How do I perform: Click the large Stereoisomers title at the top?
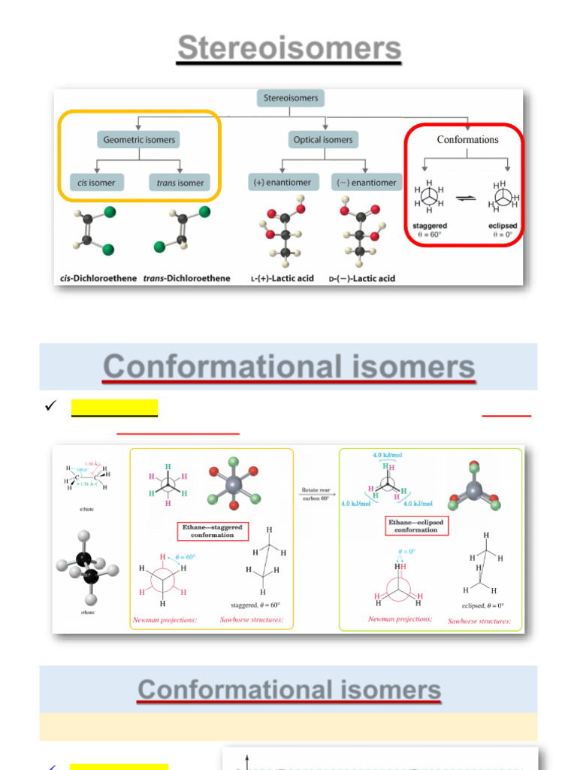pos(289,50)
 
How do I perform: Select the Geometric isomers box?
pos(139,139)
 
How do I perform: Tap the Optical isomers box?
pos(323,139)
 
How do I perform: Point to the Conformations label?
pos(467,139)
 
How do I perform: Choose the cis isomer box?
pos(92,182)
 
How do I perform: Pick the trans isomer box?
pos(180,182)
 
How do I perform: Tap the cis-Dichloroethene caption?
pos(98,278)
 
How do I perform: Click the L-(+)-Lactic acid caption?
pos(282,278)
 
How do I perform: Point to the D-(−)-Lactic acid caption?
pos(361,278)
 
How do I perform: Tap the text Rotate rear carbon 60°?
pos(316,499)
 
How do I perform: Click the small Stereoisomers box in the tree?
pos(290,98)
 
